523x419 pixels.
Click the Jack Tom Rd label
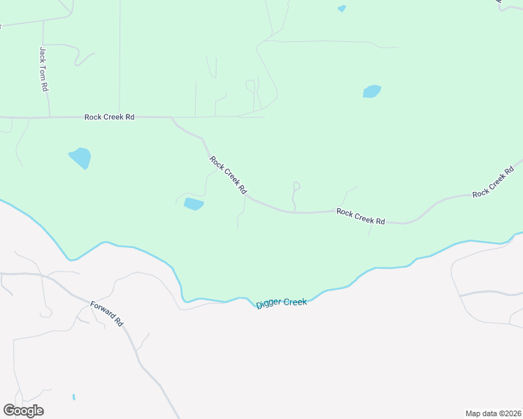43,69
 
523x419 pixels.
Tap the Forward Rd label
107,314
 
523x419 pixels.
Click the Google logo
24,411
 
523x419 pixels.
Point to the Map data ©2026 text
494,413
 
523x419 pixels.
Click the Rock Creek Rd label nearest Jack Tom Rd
109,117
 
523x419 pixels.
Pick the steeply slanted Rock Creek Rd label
228,175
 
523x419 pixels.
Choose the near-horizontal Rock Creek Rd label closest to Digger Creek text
360,216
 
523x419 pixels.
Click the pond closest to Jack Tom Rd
80,157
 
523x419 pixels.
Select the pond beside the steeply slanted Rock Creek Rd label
193,204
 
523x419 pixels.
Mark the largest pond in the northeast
372,91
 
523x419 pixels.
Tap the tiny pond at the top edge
341,9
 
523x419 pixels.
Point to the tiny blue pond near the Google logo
73,397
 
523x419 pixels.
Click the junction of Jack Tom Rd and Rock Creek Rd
49,117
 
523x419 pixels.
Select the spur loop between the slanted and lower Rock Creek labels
296,186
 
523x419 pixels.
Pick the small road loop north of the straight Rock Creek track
250,85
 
